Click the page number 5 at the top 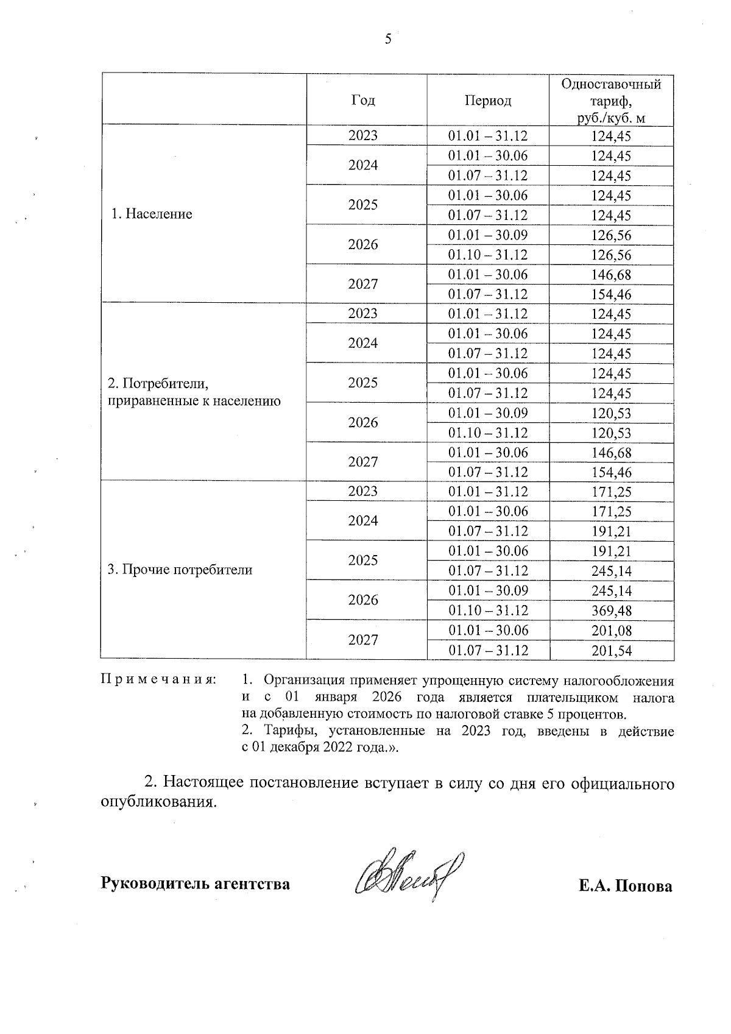388,40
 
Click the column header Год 363,100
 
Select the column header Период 488,100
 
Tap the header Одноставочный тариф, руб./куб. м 611,101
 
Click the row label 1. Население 152,214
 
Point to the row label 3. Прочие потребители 180,570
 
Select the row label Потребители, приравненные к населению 194,392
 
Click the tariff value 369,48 612,611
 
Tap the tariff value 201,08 612,631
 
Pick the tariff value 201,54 612,651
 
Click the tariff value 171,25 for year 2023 612,492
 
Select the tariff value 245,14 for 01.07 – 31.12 612,571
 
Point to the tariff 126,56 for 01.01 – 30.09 612,235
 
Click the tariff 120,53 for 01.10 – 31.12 612,433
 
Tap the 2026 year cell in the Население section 363,244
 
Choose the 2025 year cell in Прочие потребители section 363,561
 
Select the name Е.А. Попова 626,885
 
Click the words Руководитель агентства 195,883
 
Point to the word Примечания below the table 158,679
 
